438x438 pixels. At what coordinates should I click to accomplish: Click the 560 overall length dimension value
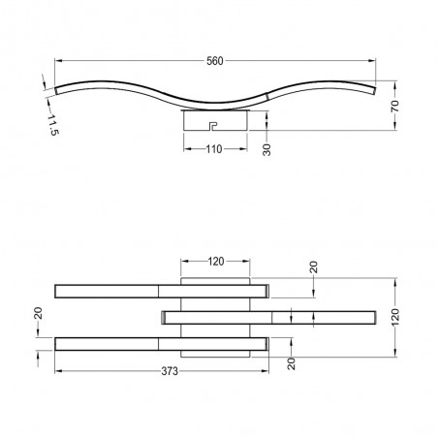(215, 61)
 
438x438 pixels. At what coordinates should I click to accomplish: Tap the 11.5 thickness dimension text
(53, 125)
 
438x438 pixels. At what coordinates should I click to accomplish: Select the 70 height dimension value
(395, 106)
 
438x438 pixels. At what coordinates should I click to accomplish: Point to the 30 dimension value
(266, 149)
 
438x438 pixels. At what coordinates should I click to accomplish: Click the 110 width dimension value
(214, 149)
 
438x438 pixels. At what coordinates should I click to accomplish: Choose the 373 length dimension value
(170, 371)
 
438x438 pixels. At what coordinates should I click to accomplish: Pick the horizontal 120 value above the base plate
(216, 262)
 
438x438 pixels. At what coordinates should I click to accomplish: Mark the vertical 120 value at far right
(395, 317)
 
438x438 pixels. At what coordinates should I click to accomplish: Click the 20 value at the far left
(38, 313)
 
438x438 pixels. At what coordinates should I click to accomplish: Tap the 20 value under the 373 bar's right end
(292, 363)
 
